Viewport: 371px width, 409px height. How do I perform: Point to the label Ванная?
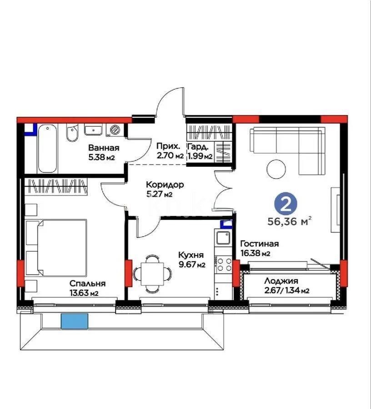[104, 148]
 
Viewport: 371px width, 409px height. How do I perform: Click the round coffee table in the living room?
[276, 169]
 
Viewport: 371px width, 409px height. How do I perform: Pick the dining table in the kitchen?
[153, 273]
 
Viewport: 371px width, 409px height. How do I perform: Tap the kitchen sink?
[223, 237]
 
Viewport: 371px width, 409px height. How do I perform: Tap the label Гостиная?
[259, 244]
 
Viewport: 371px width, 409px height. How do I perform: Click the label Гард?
[199, 147]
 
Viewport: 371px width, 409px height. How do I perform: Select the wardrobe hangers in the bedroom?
[55, 186]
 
